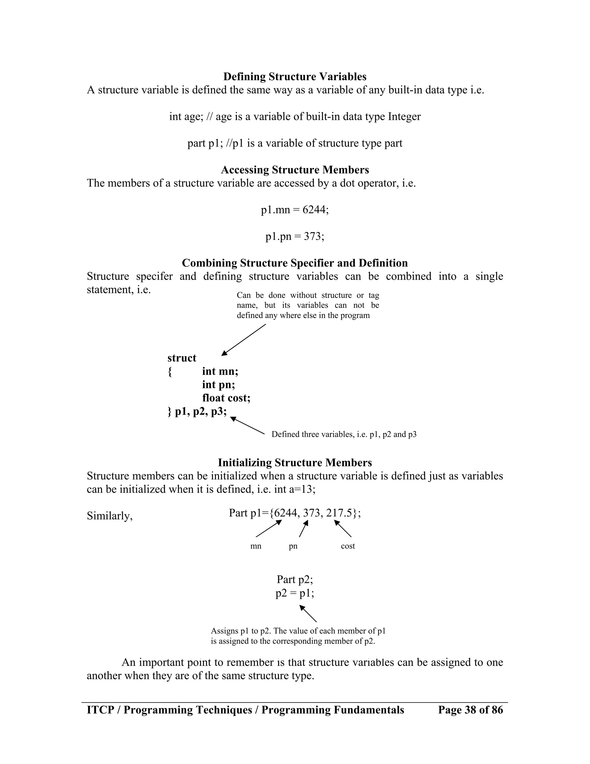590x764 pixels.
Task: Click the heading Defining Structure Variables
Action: (295, 77)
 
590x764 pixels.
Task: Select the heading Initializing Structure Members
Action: (295, 462)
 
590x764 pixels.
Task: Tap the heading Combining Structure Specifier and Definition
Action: (295, 263)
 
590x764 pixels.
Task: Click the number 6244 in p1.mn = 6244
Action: (315, 210)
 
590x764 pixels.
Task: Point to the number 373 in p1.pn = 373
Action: (313, 236)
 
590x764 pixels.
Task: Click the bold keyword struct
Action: (182, 358)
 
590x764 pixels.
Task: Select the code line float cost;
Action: (226, 398)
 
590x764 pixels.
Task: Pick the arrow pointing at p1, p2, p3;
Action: (247, 425)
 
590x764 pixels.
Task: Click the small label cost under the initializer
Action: (347, 546)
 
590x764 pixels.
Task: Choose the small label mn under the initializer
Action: (256, 546)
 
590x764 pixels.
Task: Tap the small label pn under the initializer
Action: (293, 546)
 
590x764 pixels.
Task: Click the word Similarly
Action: (109, 516)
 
